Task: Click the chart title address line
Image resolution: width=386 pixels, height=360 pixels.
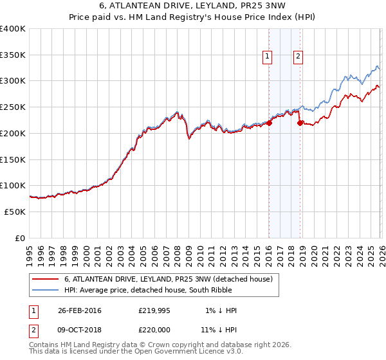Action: pos(193,6)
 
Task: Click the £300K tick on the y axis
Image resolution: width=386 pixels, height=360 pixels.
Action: pos(13,81)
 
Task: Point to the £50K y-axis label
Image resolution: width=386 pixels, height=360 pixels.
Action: pos(15,212)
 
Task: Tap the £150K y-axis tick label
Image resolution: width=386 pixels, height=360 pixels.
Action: pos(13,159)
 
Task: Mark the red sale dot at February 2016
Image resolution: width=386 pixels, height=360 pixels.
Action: pos(269,123)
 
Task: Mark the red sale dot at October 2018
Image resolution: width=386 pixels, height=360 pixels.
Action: pos(299,123)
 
